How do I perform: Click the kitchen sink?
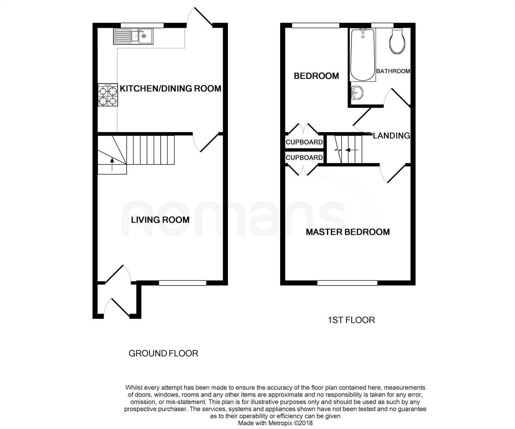point(134,36)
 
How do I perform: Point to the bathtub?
point(363,55)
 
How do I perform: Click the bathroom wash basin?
point(358,92)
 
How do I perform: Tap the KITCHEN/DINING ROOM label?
point(170,89)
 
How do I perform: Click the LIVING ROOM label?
point(160,220)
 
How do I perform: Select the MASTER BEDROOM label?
point(348,232)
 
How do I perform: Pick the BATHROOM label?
point(393,71)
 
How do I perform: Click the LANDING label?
point(391,136)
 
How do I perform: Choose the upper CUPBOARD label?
point(304,142)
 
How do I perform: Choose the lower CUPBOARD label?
point(304,158)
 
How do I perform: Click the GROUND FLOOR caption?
point(163,353)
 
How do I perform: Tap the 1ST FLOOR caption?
point(351,320)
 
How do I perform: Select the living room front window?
point(183,283)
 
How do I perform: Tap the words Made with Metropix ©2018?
point(275,423)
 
